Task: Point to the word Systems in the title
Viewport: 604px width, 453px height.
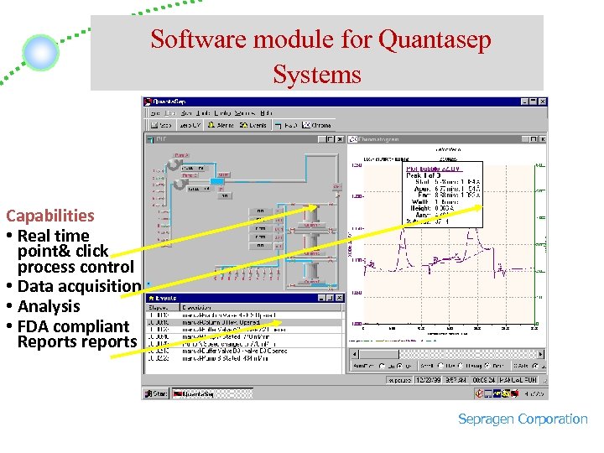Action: coord(316,75)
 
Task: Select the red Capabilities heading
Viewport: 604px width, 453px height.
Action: coord(49,216)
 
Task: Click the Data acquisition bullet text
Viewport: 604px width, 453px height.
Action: coord(79,286)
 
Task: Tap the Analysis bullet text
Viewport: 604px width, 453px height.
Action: coord(49,306)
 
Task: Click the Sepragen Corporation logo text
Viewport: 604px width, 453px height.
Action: coord(523,419)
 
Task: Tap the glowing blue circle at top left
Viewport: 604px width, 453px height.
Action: coord(40,53)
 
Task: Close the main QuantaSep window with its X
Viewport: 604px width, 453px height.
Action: coord(543,102)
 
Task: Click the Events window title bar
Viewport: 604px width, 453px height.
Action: coord(235,297)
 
